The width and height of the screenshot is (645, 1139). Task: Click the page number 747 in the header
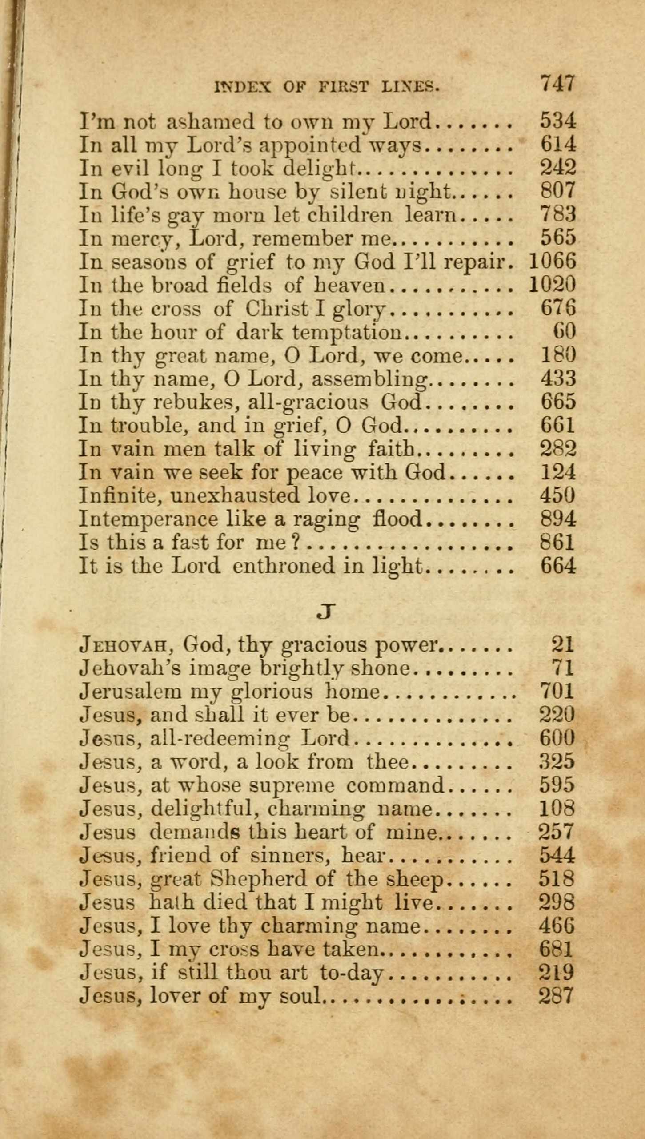pyautogui.click(x=557, y=83)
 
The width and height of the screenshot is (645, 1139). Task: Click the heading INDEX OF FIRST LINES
pyautogui.click(x=327, y=86)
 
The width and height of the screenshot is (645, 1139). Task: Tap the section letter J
pyautogui.click(x=325, y=612)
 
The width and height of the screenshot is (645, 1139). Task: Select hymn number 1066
pyautogui.click(x=552, y=261)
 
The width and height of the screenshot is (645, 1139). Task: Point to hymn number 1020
pyautogui.click(x=552, y=285)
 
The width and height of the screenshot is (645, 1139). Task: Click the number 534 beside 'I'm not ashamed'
pyautogui.click(x=558, y=121)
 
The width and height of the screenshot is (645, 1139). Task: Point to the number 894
pyautogui.click(x=558, y=519)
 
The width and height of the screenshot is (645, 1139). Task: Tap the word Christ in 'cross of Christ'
pyautogui.click(x=277, y=309)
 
